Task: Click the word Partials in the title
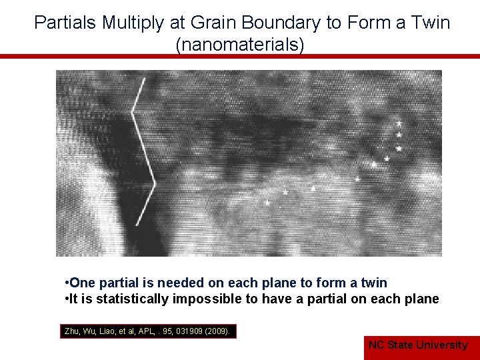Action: (65, 23)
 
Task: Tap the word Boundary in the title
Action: (287, 23)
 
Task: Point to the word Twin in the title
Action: (431, 23)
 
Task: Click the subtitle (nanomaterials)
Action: (240, 45)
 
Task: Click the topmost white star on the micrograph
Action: (399, 124)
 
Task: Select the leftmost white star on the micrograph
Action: (267, 202)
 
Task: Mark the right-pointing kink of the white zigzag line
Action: (155, 182)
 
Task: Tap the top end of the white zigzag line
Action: (144, 79)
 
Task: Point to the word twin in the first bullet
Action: (374, 283)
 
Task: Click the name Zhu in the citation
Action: (71, 331)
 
